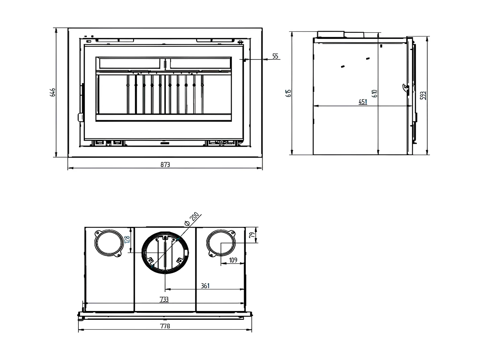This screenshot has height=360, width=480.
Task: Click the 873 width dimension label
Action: pos(165,165)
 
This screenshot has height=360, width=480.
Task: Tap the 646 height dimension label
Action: pos(53,92)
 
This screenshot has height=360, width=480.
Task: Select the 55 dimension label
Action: pos(276,56)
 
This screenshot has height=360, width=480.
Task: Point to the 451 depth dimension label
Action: pos(362,102)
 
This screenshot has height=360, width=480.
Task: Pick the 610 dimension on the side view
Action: pos(375,93)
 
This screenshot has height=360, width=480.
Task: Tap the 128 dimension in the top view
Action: pos(127,240)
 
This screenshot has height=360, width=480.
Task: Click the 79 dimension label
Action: pos(252,235)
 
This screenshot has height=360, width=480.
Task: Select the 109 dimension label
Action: pos(233,260)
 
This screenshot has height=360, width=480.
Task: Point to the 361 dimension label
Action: pos(205,286)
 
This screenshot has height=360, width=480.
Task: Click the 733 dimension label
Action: pos(164,299)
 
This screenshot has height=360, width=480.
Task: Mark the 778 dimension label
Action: pos(165,326)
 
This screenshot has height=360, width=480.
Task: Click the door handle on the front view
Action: pos(81,117)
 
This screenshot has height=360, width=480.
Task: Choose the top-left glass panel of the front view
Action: pos(129,63)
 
